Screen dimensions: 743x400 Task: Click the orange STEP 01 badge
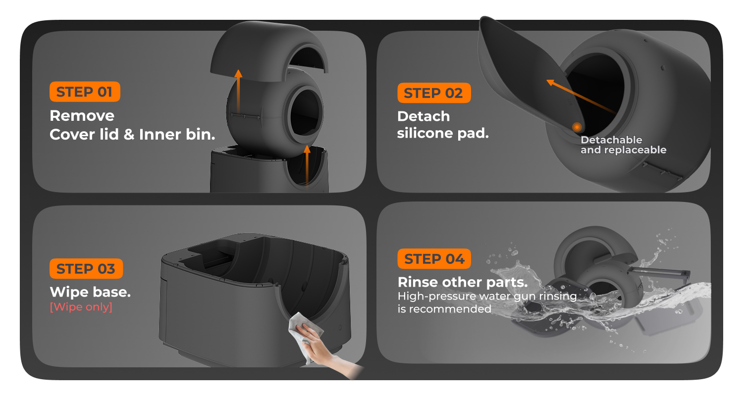coord(85,92)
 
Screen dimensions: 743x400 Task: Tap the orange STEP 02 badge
coord(434,93)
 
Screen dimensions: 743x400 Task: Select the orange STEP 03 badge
coord(86,269)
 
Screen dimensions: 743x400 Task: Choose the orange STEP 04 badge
coord(434,259)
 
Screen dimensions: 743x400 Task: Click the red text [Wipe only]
coord(81,307)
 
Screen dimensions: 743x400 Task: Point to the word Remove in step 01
coord(82,116)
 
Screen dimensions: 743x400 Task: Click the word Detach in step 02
coord(424,116)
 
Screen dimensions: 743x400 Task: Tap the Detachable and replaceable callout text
coord(623,145)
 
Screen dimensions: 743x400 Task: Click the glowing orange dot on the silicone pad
coord(577,127)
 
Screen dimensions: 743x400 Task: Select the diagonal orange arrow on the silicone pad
coord(581,97)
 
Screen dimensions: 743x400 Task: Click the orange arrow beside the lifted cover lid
coord(238,91)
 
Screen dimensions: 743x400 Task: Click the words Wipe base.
coord(90,292)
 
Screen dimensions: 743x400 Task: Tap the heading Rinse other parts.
coord(463,282)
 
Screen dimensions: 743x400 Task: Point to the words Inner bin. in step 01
coord(177,135)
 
